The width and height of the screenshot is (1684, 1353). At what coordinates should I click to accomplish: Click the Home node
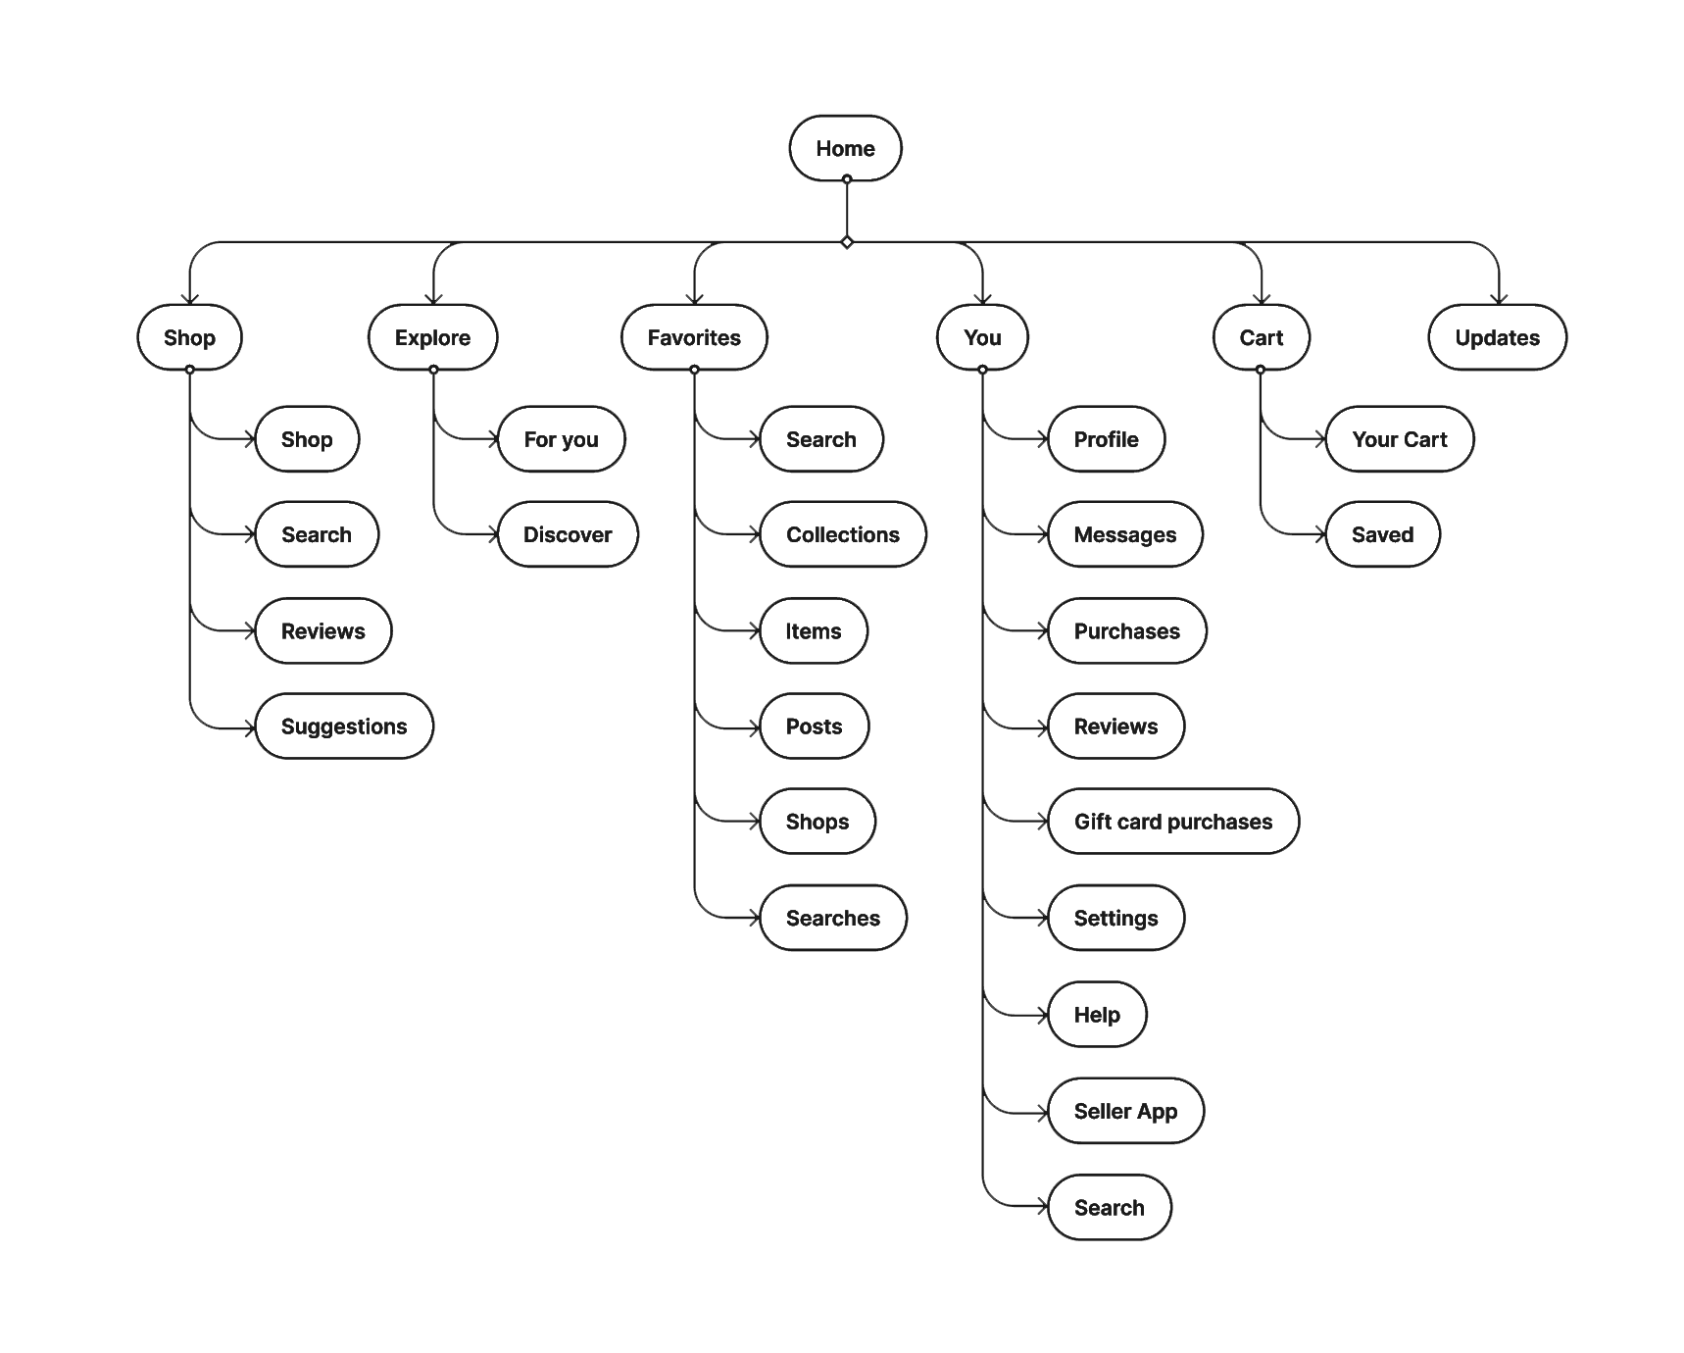click(x=845, y=148)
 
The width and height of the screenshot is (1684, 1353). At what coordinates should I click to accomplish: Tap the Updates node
click(x=1497, y=337)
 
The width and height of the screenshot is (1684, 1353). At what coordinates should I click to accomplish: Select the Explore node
click(x=432, y=337)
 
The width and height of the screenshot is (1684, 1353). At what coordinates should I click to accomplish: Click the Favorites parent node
click(x=694, y=337)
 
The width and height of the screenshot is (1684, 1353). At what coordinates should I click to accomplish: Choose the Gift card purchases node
click(x=1172, y=822)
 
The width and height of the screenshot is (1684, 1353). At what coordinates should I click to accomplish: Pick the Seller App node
click(x=1125, y=1111)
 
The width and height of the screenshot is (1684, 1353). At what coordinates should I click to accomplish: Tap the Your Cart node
click(x=1399, y=439)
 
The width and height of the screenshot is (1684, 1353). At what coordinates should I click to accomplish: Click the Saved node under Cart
click(x=1382, y=534)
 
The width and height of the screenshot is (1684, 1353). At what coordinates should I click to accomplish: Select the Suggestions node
click(x=343, y=727)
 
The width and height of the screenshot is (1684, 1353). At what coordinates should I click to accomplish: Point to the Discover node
click(x=567, y=534)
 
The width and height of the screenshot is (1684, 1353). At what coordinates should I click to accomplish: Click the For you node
click(x=561, y=439)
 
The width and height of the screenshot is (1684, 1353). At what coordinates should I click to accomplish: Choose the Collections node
click(x=842, y=534)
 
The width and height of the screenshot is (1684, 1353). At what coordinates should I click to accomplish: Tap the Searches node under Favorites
click(x=832, y=918)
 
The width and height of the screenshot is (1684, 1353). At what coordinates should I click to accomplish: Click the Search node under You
click(x=1109, y=1207)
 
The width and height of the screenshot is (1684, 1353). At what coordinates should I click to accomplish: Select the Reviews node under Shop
click(x=322, y=630)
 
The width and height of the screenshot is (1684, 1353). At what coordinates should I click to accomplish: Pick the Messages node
click(x=1124, y=534)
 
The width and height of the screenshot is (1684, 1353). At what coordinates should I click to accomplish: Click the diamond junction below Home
click(x=847, y=242)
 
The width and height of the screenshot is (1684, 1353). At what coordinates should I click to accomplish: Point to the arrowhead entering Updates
click(x=1499, y=299)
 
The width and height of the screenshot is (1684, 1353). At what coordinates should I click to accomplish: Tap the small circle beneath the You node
click(x=982, y=370)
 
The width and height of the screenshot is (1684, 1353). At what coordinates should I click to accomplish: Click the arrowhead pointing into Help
click(x=1042, y=1015)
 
